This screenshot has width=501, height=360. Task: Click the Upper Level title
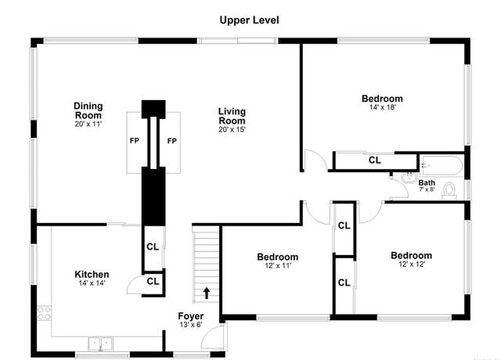coord(249,20)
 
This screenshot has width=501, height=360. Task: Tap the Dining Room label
coord(88,110)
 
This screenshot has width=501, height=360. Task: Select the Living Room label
coord(232,116)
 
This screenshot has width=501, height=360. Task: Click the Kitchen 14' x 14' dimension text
coord(92,283)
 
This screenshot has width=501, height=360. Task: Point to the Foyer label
coord(191,316)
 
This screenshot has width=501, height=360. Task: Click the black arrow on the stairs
coord(207,293)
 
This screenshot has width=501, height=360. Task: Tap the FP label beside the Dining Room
coord(135,141)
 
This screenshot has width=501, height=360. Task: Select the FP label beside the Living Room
coord(172,141)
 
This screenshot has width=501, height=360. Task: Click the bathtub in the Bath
coord(442,165)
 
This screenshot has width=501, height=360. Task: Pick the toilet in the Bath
coord(449,191)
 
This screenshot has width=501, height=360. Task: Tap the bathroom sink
coord(409,178)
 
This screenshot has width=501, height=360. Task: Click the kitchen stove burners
coord(44,313)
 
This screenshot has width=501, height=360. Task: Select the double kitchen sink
coord(100,344)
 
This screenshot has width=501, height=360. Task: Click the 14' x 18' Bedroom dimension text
coord(383,107)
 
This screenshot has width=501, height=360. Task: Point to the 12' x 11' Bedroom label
coord(278,257)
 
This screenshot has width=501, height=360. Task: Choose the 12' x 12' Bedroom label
coord(412,256)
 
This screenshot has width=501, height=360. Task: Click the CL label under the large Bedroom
coord(375,160)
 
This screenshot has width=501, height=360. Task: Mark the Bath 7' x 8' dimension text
coord(427,189)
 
